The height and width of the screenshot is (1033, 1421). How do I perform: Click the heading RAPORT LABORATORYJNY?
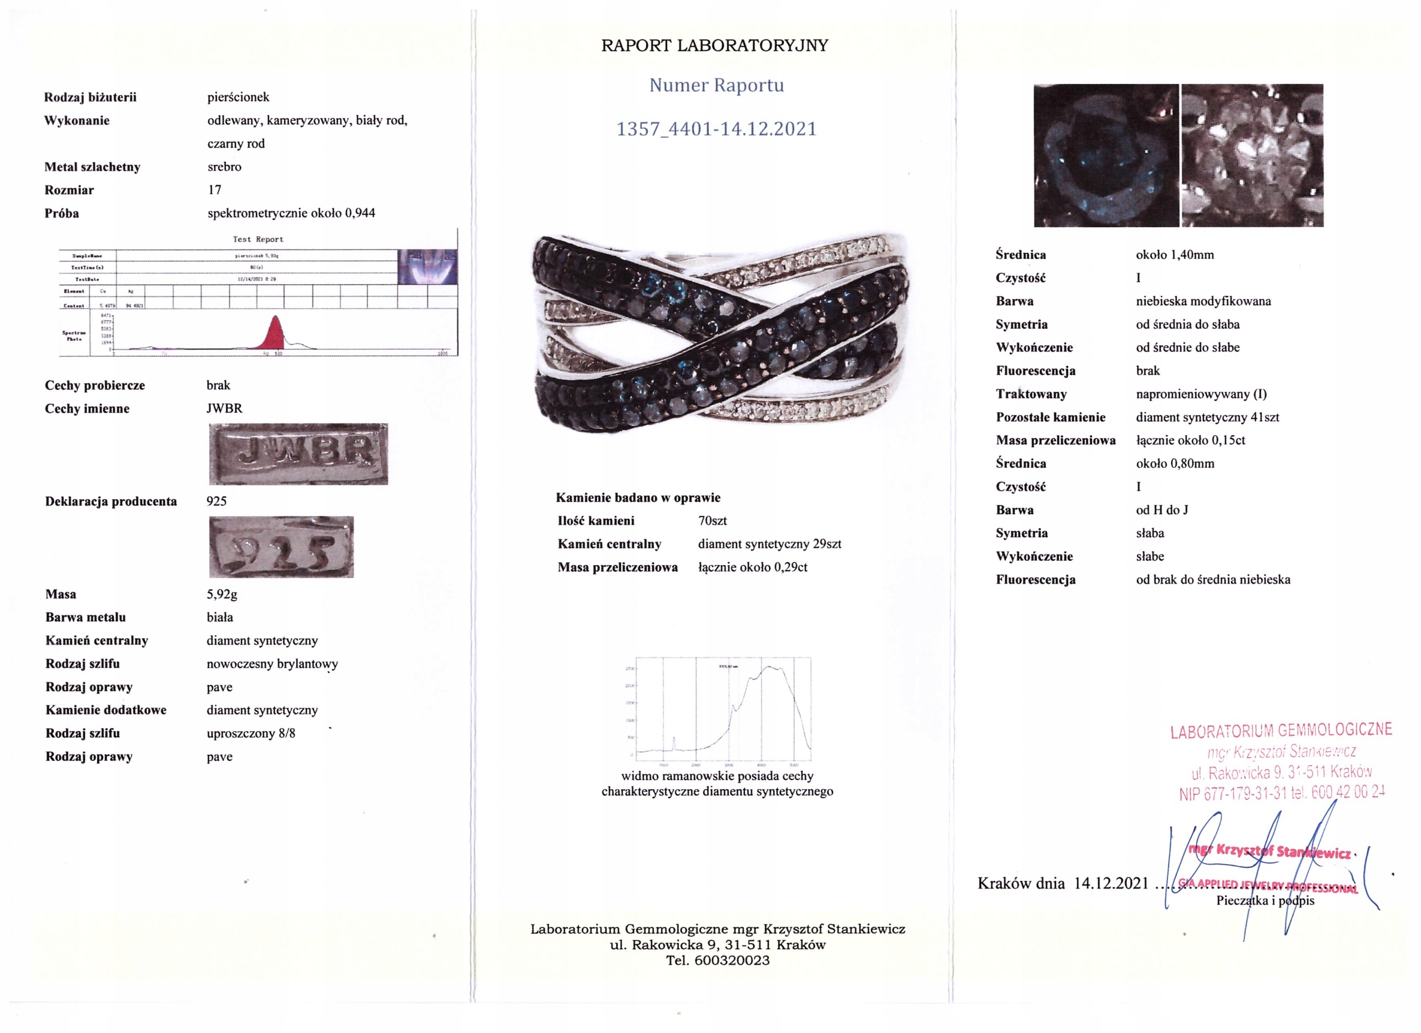(x=714, y=46)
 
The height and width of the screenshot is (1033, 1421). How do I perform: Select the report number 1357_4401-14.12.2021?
(x=716, y=129)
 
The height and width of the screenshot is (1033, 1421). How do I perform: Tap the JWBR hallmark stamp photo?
(x=298, y=454)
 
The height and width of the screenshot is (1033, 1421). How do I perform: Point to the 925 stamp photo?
(x=281, y=547)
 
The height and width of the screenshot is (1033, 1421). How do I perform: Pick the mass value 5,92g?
(x=222, y=594)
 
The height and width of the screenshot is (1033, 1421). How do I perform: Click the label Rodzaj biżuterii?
(x=90, y=97)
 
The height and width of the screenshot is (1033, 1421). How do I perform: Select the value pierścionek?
(x=238, y=97)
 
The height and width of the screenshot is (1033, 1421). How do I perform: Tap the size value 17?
(x=214, y=190)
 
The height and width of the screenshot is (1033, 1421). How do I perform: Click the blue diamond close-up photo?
(x=1106, y=155)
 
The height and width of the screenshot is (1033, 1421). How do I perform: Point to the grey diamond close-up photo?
(x=1252, y=155)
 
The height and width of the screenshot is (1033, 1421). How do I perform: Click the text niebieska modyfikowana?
(x=1203, y=301)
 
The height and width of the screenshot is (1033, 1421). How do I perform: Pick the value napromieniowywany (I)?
(x=1201, y=394)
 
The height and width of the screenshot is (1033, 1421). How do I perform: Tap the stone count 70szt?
(x=712, y=521)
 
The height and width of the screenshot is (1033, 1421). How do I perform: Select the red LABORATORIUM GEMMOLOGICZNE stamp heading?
(x=1281, y=731)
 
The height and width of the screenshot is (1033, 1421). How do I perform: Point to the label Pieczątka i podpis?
(x=1265, y=901)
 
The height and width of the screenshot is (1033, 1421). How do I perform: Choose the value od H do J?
(x=1162, y=510)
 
